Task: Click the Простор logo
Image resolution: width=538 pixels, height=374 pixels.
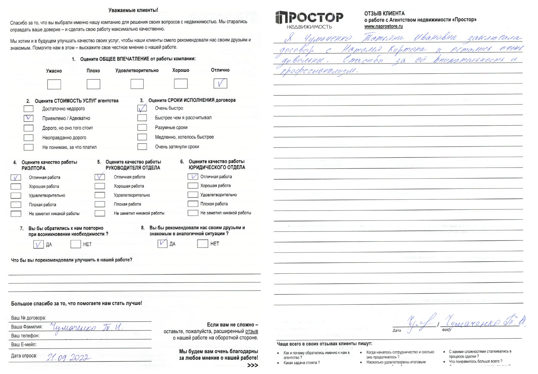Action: pyautogui.click(x=309, y=19)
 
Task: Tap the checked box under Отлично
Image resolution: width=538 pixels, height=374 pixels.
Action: pyautogui.click(x=220, y=83)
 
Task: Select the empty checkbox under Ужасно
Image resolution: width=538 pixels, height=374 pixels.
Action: pyautogui.click(x=54, y=84)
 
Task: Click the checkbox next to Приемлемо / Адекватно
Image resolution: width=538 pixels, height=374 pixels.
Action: pyautogui.click(x=28, y=118)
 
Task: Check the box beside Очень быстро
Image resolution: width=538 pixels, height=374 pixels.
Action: pyautogui.click(x=142, y=108)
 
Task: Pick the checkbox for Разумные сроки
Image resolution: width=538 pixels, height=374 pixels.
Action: pyautogui.click(x=142, y=128)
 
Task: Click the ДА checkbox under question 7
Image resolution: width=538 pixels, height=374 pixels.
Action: pyautogui.click(x=38, y=244)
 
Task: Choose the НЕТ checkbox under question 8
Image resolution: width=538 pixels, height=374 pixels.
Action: pyautogui.click(x=202, y=244)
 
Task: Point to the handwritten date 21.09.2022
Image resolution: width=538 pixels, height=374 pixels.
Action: pyautogui.click(x=68, y=358)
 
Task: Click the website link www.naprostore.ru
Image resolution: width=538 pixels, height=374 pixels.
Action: pyautogui.click(x=383, y=27)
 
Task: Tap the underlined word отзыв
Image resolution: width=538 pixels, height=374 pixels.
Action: pyautogui.click(x=251, y=331)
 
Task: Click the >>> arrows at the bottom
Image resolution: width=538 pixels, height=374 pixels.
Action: pyautogui.click(x=253, y=365)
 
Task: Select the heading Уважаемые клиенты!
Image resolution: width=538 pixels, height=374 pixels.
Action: pyautogui.click(x=133, y=10)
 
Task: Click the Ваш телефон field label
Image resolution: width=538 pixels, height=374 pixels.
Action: pyautogui.click(x=25, y=336)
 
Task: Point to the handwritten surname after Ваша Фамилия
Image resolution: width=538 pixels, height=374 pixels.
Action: pyautogui.click(x=86, y=328)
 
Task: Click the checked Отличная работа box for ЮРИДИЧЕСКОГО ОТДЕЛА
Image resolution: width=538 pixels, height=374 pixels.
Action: pyautogui.click(x=193, y=177)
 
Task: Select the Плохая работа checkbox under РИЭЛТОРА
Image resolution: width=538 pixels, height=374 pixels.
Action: pyautogui.click(x=16, y=205)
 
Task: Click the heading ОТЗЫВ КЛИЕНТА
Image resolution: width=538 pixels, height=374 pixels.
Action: pyautogui.click(x=384, y=13)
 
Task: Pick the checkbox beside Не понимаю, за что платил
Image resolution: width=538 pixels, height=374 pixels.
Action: pyautogui.click(x=28, y=147)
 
